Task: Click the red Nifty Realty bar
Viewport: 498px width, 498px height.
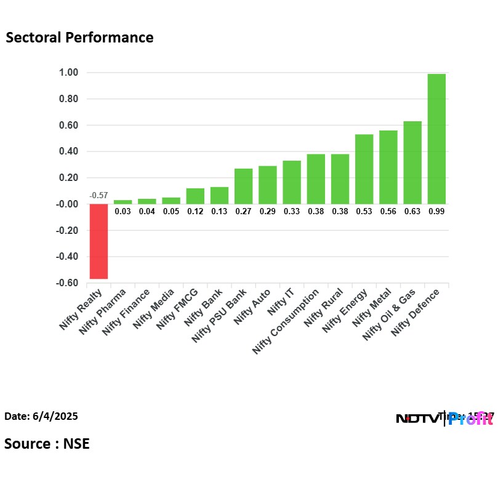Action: (x=98, y=241)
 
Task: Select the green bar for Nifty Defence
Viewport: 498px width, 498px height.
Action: (x=436, y=139)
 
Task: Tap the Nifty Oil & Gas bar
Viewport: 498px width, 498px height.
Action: (x=412, y=163)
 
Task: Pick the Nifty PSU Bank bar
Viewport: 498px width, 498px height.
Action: (x=244, y=186)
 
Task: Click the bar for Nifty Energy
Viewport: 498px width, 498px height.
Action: (x=364, y=169)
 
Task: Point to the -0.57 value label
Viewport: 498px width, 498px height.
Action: (x=98, y=196)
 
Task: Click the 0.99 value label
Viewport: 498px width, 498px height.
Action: (x=436, y=211)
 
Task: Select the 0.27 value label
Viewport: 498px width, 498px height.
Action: (x=244, y=211)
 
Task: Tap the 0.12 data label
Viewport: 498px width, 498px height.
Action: (x=195, y=211)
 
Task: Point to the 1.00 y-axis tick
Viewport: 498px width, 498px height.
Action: (x=68, y=73)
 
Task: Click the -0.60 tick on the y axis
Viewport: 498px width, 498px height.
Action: (x=67, y=283)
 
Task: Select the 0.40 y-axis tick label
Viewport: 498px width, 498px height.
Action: (x=68, y=151)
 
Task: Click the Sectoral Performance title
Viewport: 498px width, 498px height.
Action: (x=79, y=38)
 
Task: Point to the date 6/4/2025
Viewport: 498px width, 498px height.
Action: (x=41, y=417)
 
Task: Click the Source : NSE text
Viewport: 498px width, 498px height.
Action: (x=47, y=443)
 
